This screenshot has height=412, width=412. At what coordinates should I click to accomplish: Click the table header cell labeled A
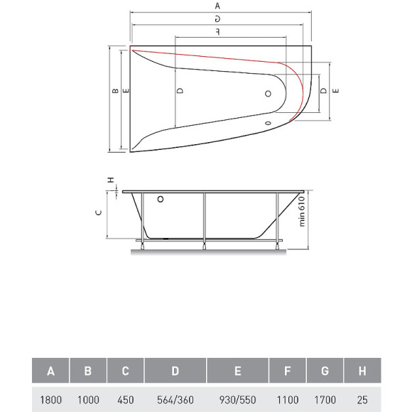coord(50,370)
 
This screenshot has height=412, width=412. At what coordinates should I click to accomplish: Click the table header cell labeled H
coord(362,370)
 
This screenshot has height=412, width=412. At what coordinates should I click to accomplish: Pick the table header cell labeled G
coord(324,370)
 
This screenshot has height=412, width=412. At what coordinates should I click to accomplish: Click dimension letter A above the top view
coord(217,6)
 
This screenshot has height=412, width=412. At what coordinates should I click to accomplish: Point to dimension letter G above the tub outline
coord(217,18)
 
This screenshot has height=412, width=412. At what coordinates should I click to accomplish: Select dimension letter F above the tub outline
coord(217,32)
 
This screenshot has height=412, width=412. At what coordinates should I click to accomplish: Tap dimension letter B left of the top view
coord(114,91)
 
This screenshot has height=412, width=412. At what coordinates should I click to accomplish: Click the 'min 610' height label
coord(300,212)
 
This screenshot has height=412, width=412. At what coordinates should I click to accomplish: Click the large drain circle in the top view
coord(269,93)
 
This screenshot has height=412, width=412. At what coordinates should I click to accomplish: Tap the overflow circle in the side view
coord(160,200)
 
